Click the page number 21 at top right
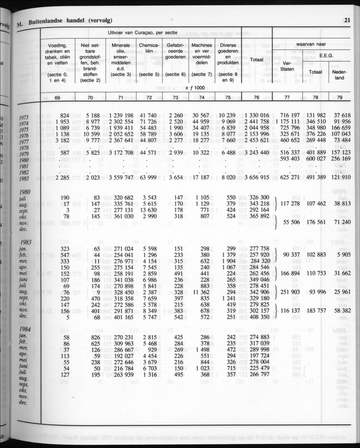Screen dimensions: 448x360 tap(347, 19)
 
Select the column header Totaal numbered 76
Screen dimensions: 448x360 tap(257, 59)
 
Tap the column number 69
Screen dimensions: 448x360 tap(57, 98)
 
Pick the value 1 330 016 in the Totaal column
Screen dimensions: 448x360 tap(256, 115)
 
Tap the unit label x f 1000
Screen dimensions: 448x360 tap(193, 87)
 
